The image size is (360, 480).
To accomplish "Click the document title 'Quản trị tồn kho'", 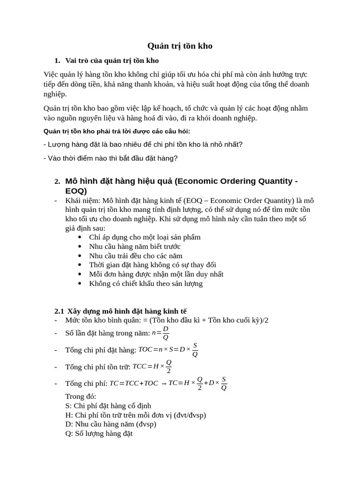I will pyautogui.click(x=180, y=46).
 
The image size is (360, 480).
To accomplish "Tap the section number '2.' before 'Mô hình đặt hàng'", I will pyautogui.click(x=57, y=181).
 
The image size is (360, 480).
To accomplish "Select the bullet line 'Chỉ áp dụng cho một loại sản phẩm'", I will pyautogui.click(x=144, y=237).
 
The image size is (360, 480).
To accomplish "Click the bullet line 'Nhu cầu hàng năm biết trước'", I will pyautogui.click(x=135, y=247).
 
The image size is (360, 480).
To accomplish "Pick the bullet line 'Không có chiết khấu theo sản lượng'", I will pyautogui.click(x=146, y=284).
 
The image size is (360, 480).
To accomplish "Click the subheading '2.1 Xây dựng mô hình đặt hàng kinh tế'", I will pyautogui.click(x=120, y=311).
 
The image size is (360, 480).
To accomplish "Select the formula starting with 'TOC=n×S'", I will pyautogui.click(x=168, y=350).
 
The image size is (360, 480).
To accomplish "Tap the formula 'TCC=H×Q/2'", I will pyautogui.click(x=153, y=367).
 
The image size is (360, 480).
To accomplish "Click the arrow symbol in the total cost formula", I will pyautogui.click(x=164, y=383).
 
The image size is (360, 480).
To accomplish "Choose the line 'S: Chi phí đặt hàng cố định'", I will pyautogui.click(x=108, y=405).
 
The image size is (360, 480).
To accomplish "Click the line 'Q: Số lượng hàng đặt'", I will pyautogui.click(x=99, y=434).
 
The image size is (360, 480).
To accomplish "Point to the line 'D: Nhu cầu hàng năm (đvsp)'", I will pyautogui.click(x=111, y=424).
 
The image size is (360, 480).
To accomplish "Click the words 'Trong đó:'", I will pyautogui.click(x=81, y=397).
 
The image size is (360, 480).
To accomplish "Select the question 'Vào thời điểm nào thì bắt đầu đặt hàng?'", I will pyautogui.click(x=111, y=158).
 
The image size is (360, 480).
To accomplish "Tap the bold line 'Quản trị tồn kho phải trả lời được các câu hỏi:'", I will pyautogui.click(x=117, y=131).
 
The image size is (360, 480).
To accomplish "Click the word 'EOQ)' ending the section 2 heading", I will pyautogui.click(x=76, y=191).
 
